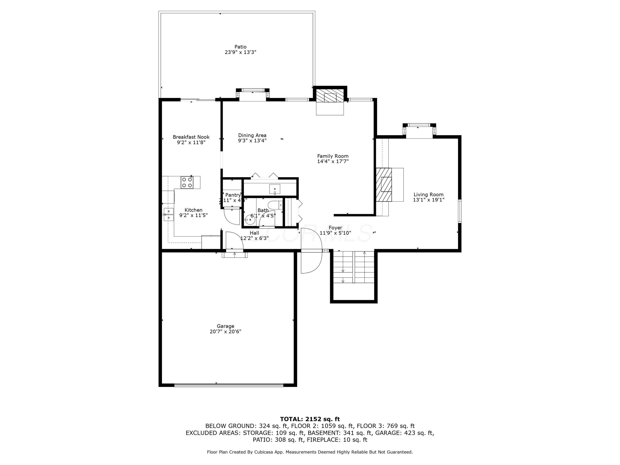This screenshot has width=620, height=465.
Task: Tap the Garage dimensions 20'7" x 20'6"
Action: [x=225, y=331]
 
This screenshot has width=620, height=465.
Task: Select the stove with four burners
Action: [x=187, y=182]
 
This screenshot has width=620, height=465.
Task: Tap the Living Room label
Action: [x=428, y=194]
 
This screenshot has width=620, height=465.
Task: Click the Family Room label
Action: [x=333, y=156]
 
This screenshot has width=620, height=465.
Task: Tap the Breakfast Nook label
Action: [x=191, y=137]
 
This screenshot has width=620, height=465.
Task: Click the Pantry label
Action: [x=233, y=195]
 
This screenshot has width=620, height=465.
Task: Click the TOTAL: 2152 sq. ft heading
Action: [x=310, y=419]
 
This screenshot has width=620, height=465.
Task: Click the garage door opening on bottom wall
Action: [x=229, y=385]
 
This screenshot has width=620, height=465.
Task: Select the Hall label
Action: [x=254, y=233]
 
